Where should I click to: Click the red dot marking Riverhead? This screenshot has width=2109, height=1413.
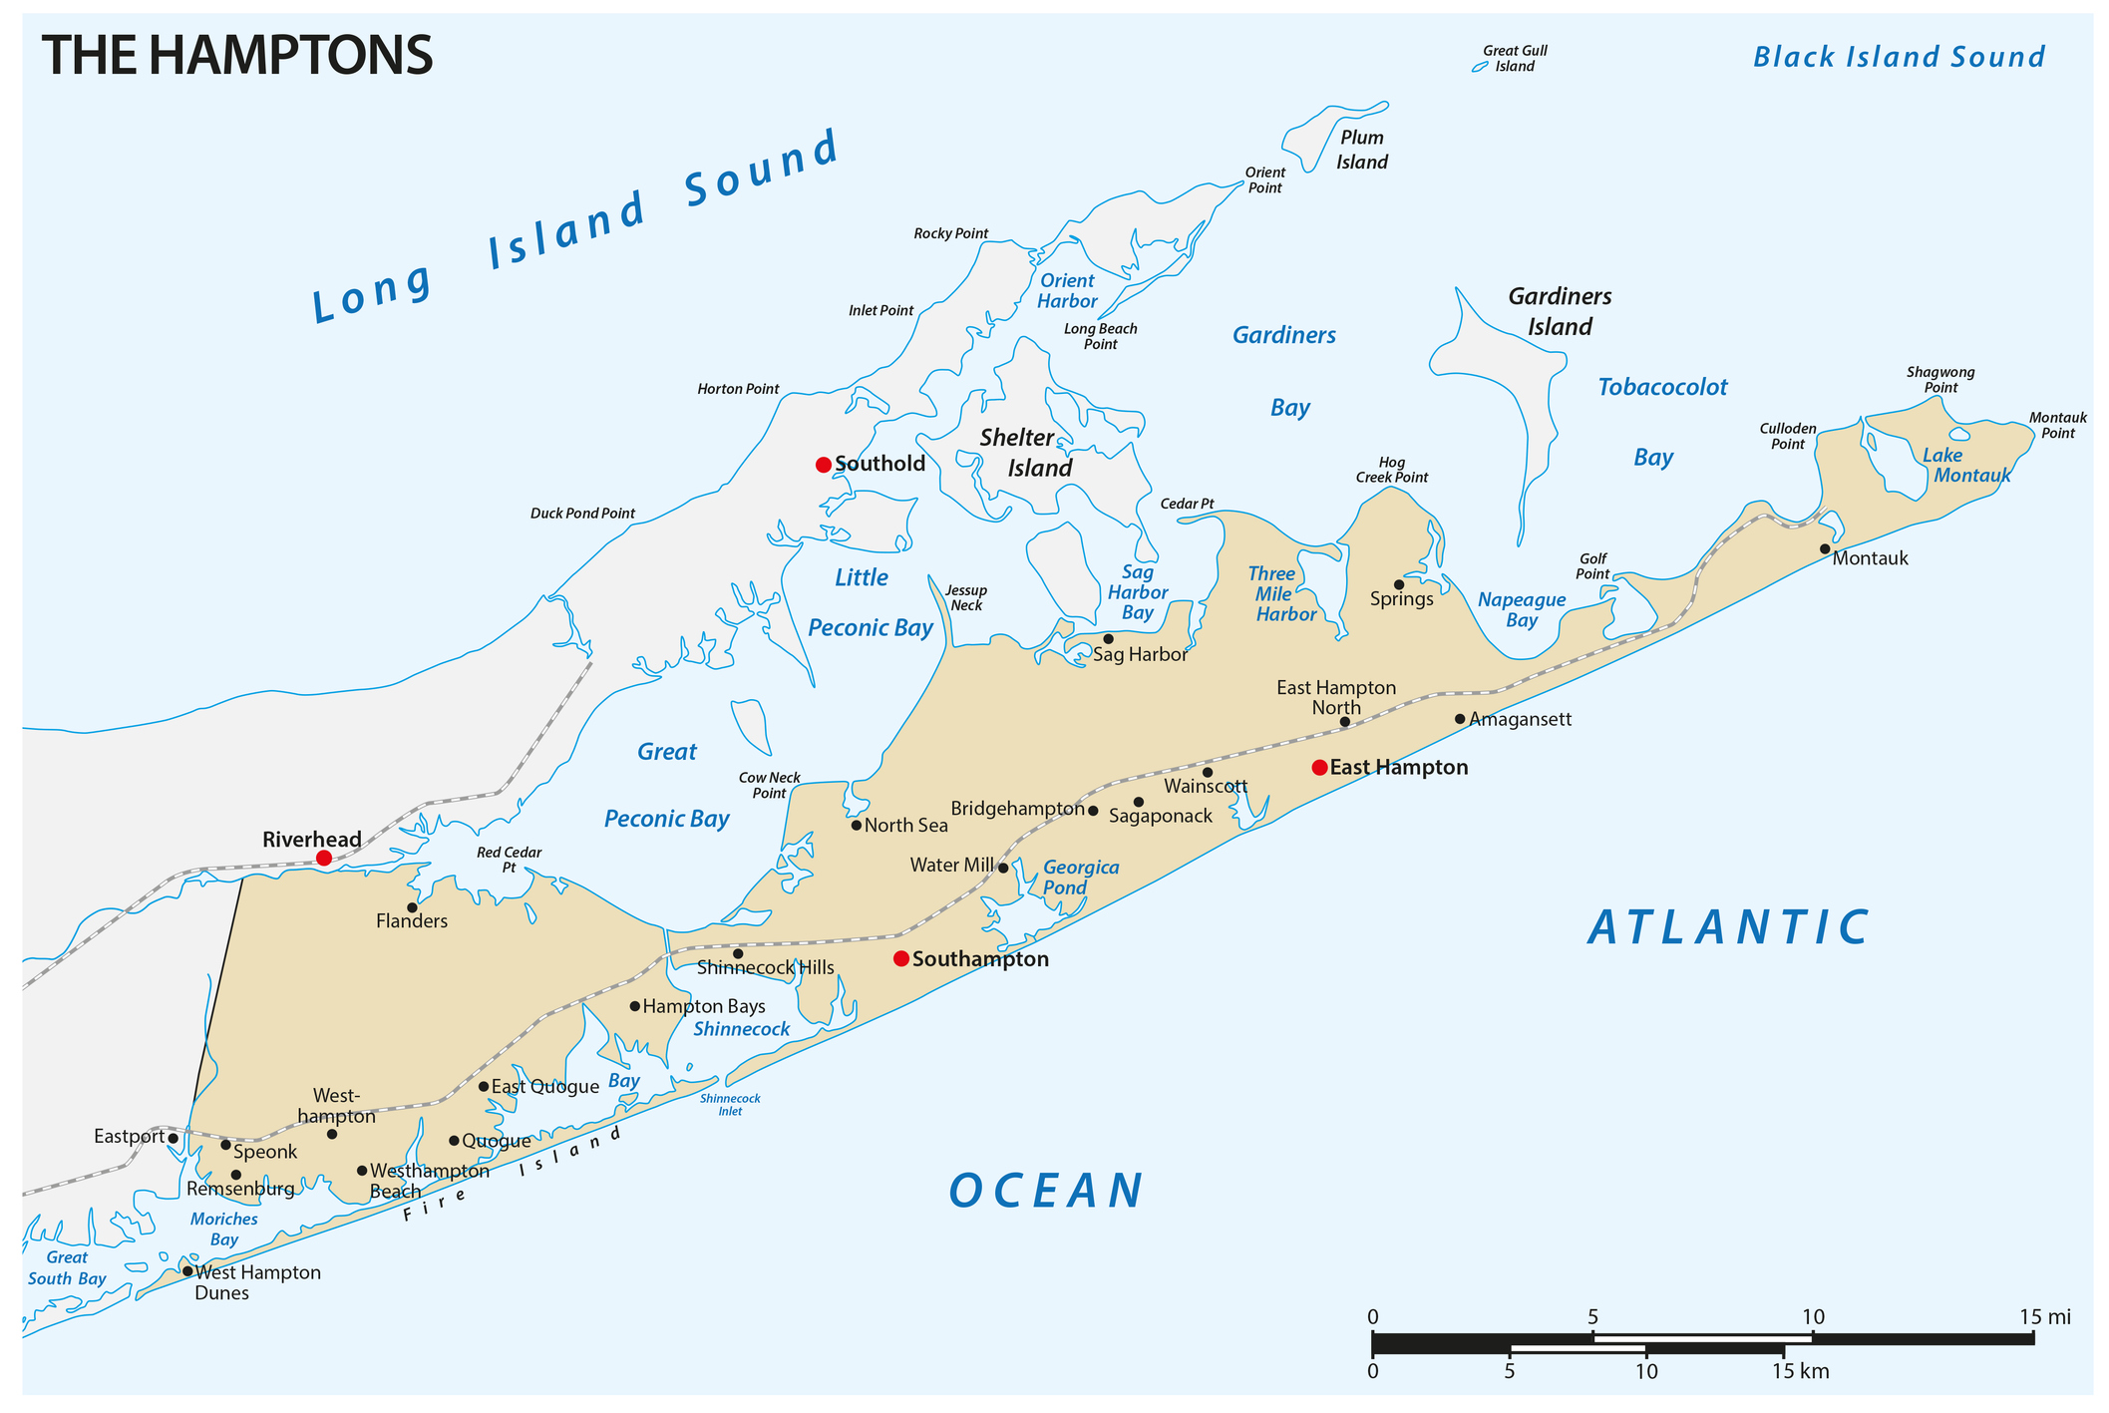pyautogui.click(x=323, y=858)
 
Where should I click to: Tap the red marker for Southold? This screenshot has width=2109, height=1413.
pyautogui.click(x=824, y=465)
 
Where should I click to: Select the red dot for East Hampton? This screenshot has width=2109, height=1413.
pyautogui.click(x=1319, y=767)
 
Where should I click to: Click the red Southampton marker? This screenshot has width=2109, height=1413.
pyautogui.click(x=901, y=958)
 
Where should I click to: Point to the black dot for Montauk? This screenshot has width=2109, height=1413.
pyautogui.click(x=1825, y=548)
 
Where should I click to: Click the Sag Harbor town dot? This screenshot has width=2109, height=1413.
pyautogui.click(x=1108, y=639)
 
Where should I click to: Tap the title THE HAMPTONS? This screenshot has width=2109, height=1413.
pyautogui.click(x=237, y=55)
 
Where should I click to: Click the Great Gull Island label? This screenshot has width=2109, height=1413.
pyautogui.click(x=1515, y=58)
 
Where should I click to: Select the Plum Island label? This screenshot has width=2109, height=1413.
pyautogui.click(x=1361, y=150)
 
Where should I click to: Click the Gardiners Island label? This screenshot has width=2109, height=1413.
pyautogui.click(x=1560, y=311)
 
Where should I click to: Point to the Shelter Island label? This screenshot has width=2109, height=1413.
pyautogui.click(x=1027, y=452)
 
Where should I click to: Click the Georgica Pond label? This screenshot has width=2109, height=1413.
pyautogui.click(x=1080, y=878)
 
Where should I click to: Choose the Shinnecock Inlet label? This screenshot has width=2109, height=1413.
pyautogui.click(x=730, y=1104)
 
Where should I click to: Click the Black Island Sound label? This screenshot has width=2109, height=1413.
pyautogui.click(x=1899, y=57)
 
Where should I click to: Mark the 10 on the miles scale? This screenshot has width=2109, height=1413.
pyautogui.click(x=1812, y=1316)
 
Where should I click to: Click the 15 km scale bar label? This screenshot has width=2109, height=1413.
pyautogui.click(x=1800, y=1371)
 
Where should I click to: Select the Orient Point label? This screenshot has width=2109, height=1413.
pyautogui.click(x=1264, y=179)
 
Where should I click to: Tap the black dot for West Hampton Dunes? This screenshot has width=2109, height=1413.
pyautogui.click(x=187, y=1271)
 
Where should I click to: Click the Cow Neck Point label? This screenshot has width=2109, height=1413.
pyautogui.click(x=769, y=785)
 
